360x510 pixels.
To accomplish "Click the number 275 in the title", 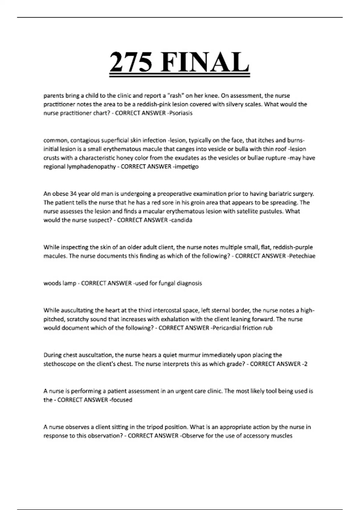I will [131, 62].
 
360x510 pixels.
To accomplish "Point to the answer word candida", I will [181, 220].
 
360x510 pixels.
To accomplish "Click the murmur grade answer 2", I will [305, 364].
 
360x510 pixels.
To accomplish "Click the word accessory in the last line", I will [255, 436].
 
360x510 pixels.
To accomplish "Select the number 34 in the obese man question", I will [73, 193].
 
